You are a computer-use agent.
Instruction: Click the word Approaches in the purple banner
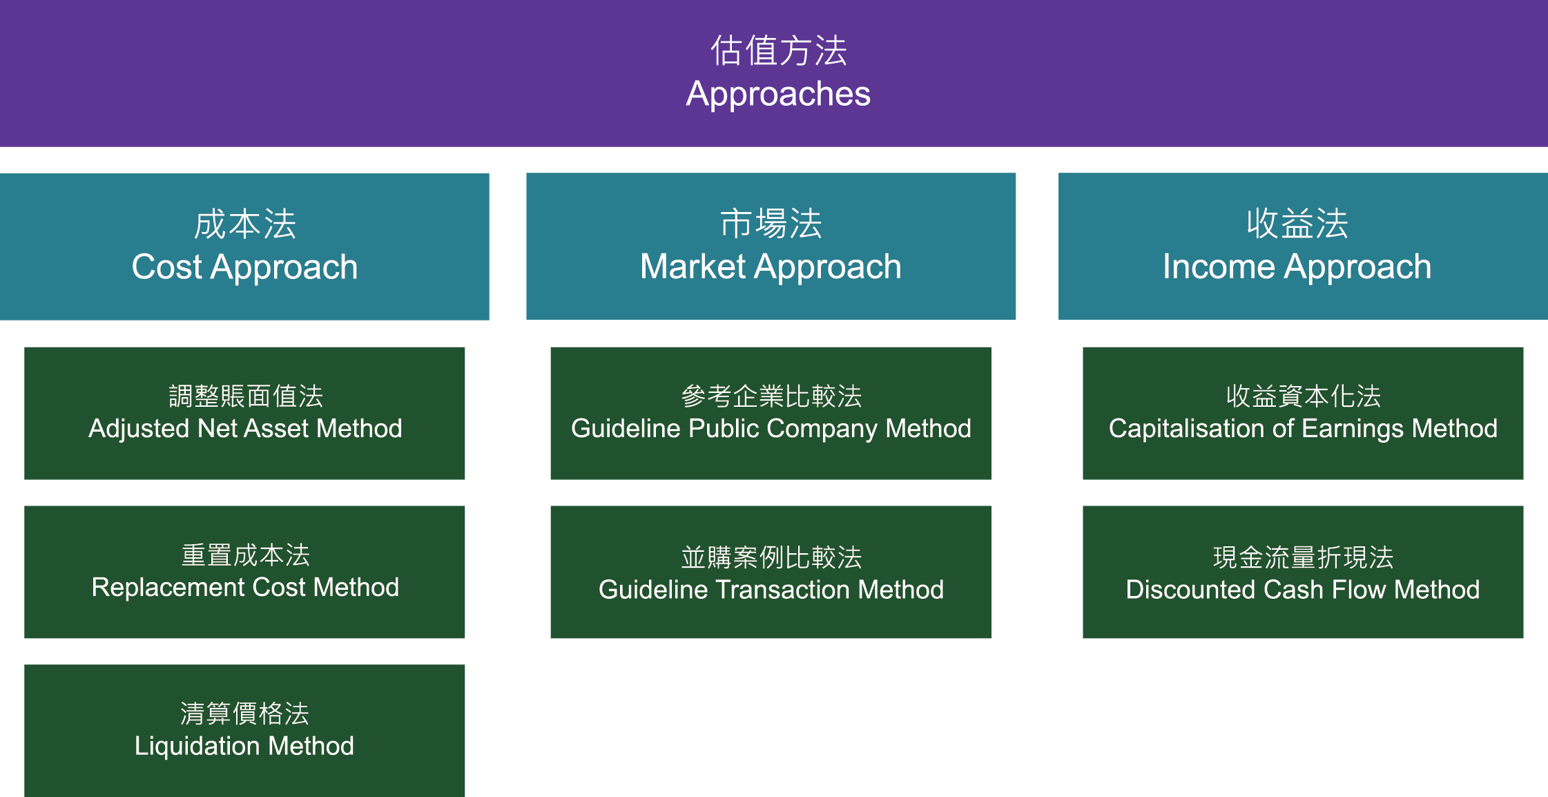(778, 95)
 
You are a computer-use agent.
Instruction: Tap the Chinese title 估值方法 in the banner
(779, 50)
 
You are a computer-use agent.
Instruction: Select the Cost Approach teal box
(244, 247)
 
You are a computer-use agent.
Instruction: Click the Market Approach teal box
(771, 247)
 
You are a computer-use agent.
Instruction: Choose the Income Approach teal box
(1303, 247)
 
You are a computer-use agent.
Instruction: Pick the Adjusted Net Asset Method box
(244, 413)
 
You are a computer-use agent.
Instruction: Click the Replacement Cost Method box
(244, 572)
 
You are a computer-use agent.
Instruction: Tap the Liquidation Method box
(244, 731)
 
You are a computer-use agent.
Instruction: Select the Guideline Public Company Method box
(771, 413)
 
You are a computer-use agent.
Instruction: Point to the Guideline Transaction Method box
(771, 572)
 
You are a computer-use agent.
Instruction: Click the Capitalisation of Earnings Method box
(1303, 413)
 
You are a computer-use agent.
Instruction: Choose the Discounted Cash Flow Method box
(1303, 572)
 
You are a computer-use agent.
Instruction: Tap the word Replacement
(168, 588)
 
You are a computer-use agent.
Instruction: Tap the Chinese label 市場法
(771, 224)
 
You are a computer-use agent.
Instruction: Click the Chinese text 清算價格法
(244, 713)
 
